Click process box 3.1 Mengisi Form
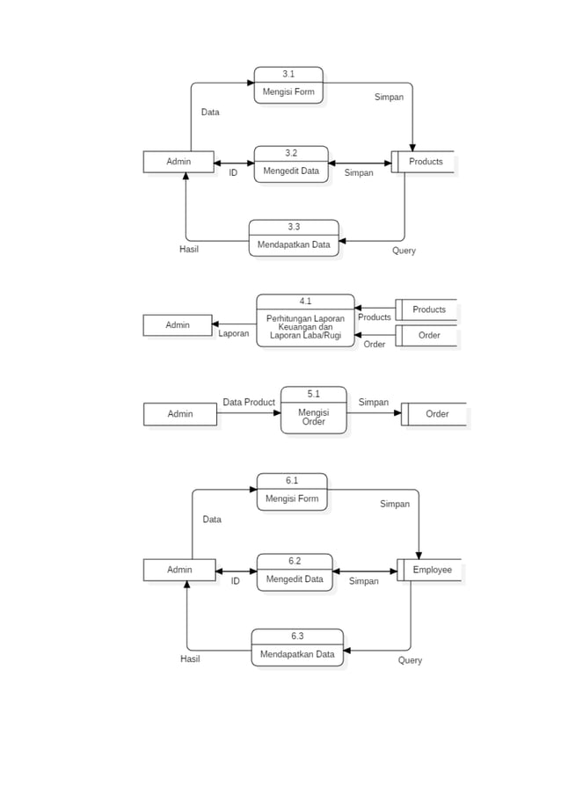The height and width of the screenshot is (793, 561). coord(288,85)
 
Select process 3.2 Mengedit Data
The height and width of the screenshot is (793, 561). coord(291,164)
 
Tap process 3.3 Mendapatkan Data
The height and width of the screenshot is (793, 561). coord(294,238)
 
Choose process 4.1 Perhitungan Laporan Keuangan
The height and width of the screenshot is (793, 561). coord(305,321)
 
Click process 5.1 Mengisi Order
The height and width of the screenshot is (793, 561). coord(313,411)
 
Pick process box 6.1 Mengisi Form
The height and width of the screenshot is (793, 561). coord(292,492)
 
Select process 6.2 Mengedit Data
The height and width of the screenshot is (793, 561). coord(295,572)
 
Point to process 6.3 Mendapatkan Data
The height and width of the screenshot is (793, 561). coord(297,648)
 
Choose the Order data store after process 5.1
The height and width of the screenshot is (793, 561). coord(434,414)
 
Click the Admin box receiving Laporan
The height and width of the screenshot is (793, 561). coord(178,325)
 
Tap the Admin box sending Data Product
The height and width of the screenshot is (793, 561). coord(180,414)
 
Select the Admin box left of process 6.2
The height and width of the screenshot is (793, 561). coord(179,570)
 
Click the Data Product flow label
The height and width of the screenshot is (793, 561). coord(249,402)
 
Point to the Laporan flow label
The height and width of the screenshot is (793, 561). coord(234,334)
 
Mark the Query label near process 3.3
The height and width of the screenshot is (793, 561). coord(404,251)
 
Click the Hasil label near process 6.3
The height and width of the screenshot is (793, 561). coord(190,659)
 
